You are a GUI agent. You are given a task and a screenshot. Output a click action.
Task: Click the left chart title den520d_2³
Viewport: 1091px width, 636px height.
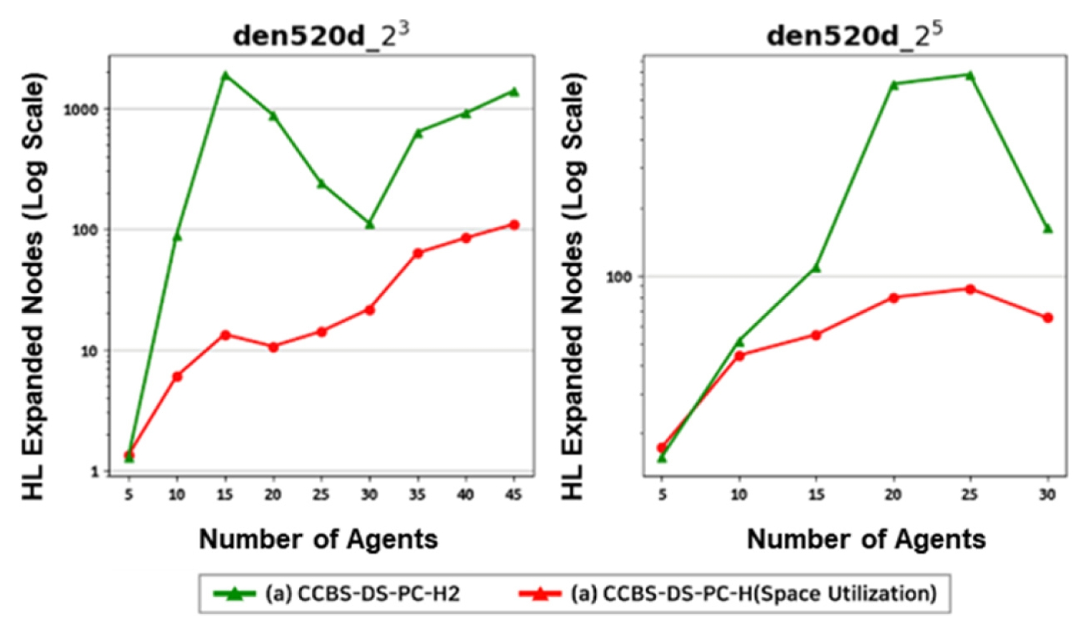pyautogui.click(x=320, y=35)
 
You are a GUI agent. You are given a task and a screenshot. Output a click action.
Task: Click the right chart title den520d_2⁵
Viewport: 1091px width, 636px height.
pyautogui.click(x=854, y=35)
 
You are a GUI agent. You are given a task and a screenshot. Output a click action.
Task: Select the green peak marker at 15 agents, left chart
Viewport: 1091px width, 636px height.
pyautogui.click(x=226, y=75)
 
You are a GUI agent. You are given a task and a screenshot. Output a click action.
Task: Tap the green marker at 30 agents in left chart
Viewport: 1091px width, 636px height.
pyautogui.click(x=370, y=224)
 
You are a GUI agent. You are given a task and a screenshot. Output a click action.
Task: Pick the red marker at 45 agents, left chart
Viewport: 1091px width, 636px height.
pyautogui.click(x=514, y=225)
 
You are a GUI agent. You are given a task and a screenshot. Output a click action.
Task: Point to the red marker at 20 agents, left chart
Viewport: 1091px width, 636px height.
pyautogui.click(x=273, y=347)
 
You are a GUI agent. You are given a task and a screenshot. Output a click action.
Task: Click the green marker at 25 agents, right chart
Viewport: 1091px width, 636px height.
pyautogui.click(x=970, y=75)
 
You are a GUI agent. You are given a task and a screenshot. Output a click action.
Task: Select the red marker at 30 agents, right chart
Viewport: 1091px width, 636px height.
pyautogui.click(x=1048, y=318)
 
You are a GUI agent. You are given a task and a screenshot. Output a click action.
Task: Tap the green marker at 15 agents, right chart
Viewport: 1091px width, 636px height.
pyautogui.click(x=815, y=268)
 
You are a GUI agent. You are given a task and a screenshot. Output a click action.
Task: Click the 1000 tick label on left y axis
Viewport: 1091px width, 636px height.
pyautogui.click(x=81, y=109)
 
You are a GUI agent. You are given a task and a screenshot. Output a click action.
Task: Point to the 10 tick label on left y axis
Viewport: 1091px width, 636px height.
pyautogui.click(x=89, y=351)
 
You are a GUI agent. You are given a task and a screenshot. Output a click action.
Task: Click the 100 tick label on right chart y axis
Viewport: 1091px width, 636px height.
pyautogui.click(x=619, y=276)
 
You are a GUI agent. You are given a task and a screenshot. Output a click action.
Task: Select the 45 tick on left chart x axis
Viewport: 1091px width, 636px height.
pyautogui.click(x=514, y=495)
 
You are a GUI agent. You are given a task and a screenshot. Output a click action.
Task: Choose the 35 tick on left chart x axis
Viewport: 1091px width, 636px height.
pyautogui.click(x=417, y=495)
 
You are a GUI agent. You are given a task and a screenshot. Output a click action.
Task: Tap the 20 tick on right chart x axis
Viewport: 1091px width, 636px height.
pyautogui.click(x=893, y=495)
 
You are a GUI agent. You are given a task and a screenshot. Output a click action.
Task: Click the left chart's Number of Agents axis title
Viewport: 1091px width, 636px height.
pyautogui.click(x=318, y=539)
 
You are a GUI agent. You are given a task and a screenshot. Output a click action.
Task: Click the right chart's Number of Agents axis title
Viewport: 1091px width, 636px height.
pyautogui.click(x=866, y=539)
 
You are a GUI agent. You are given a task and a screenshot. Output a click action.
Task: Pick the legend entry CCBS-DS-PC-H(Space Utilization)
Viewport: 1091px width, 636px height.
pyautogui.click(x=753, y=593)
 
